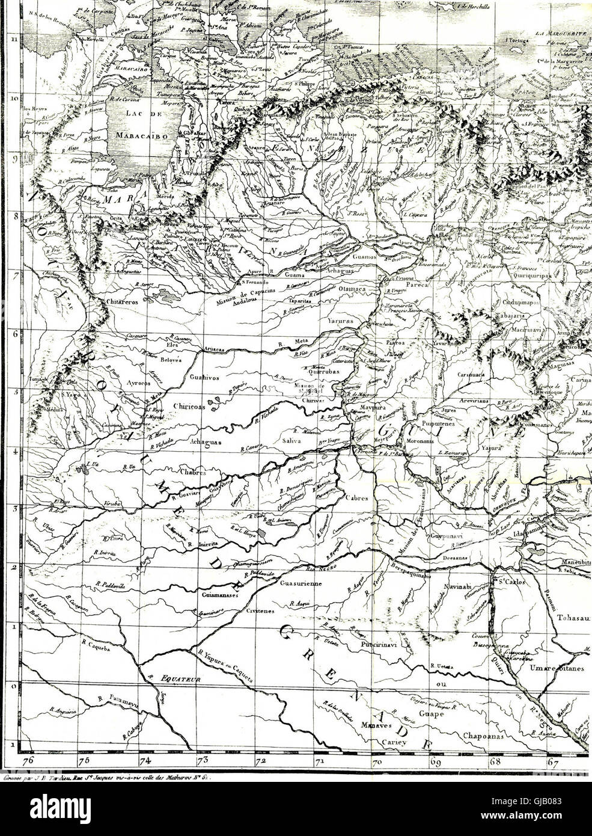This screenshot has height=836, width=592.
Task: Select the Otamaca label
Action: point(358,289)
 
